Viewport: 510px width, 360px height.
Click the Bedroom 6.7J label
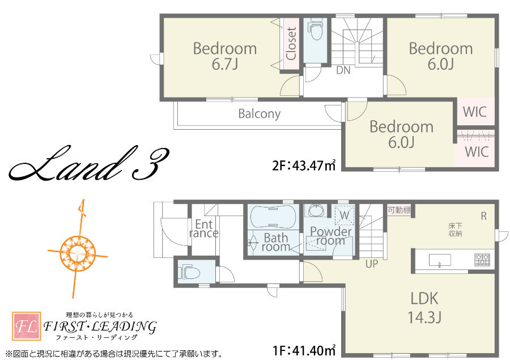coord(225,56)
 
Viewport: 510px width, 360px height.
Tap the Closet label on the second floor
coord(291,44)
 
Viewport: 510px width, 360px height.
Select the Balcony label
coord(259,113)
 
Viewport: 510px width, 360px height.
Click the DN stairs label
coord(343,70)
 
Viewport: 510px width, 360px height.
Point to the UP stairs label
coord(372,264)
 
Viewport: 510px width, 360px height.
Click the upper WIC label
coord(474,112)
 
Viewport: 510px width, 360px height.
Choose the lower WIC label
coord(477,152)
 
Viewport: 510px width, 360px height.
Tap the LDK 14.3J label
coord(424,308)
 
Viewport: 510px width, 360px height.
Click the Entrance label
coord(203,228)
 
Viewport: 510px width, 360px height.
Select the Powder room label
coord(331,236)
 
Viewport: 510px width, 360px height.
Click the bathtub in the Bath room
coord(273,217)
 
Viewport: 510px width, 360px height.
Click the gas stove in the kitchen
coord(482,260)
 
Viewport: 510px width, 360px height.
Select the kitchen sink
coord(440,260)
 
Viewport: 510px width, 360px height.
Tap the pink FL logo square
coord(27,326)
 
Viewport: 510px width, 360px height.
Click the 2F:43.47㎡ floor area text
coord(304,166)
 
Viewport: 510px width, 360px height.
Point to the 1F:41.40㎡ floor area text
coord(304,350)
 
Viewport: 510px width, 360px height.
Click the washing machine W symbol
coord(345,215)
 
